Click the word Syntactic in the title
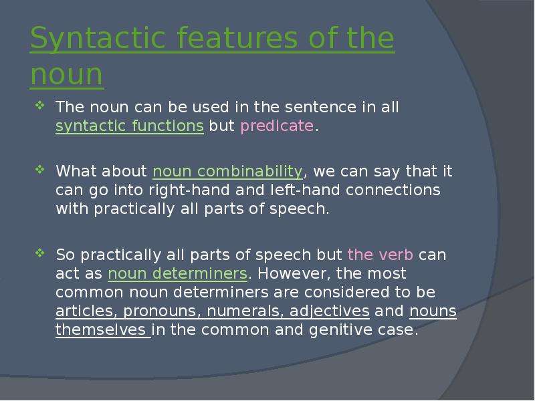pyautogui.click(x=98, y=39)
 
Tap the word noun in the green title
pyautogui.click(x=67, y=74)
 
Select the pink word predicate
pyautogui.click(x=277, y=126)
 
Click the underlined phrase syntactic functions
pyautogui.click(x=130, y=126)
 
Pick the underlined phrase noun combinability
pyautogui.click(x=227, y=171)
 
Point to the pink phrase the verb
pyautogui.click(x=380, y=255)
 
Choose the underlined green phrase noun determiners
pyautogui.click(x=177, y=273)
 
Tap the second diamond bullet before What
pyautogui.click(x=39, y=169)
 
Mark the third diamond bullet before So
pyautogui.click(x=39, y=253)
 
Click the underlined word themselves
pyautogui.click(x=101, y=329)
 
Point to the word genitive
pyautogui.click(x=340, y=330)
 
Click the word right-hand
pyautogui.click(x=189, y=190)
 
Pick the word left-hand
pyautogui.click(x=305, y=190)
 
